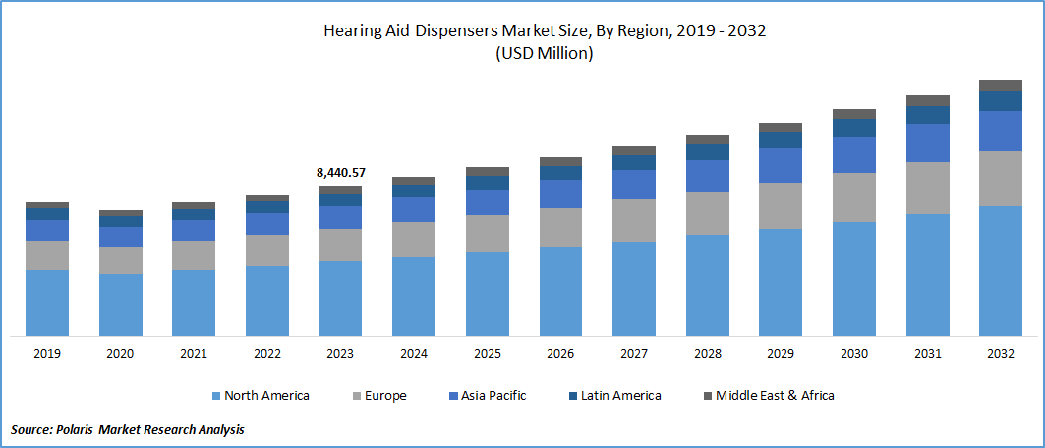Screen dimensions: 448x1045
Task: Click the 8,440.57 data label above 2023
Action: coord(340,173)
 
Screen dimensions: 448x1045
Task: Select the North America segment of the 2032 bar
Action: coord(1001,270)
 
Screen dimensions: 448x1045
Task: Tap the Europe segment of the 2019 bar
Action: coord(47,255)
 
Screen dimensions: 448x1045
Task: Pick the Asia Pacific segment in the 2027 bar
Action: coord(634,185)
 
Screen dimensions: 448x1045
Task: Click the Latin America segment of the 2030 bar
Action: coord(854,128)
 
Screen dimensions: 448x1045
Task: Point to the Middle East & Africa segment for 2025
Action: coord(488,172)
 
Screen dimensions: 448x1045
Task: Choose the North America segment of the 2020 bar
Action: coord(121,305)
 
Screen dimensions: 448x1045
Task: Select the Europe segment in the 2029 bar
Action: coord(781,205)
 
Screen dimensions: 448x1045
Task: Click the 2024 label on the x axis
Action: coord(414,354)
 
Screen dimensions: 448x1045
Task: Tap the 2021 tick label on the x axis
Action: coord(194,354)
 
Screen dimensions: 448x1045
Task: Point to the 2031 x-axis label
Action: coord(927,354)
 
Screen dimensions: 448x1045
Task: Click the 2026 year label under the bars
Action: coord(560,354)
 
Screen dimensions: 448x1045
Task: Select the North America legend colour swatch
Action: coord(215,396)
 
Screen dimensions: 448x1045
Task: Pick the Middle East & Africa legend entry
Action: coord(767,396)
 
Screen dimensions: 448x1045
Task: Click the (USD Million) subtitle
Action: coord(545,54)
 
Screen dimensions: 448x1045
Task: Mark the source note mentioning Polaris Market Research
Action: coord(128,429)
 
